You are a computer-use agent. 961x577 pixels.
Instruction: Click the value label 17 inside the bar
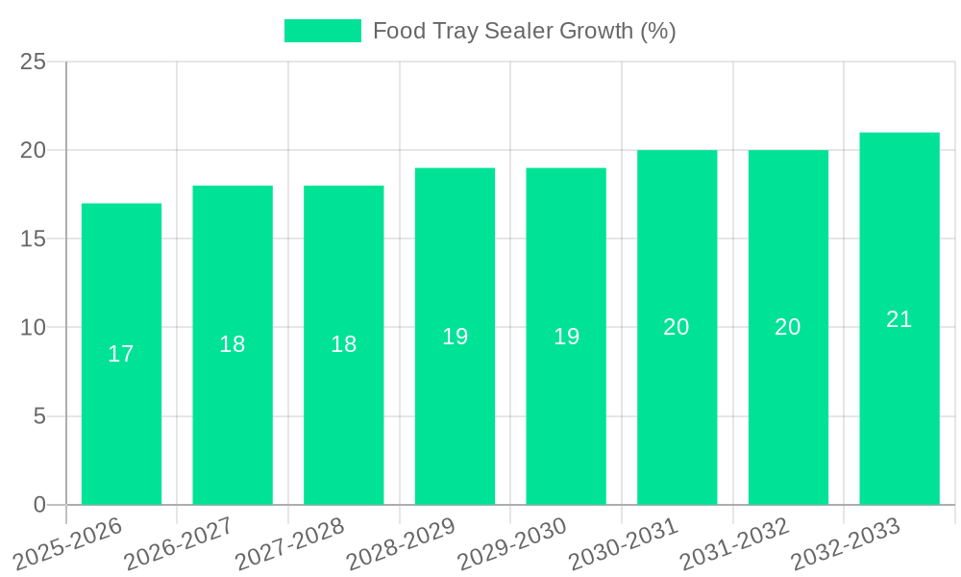tap(121, 354)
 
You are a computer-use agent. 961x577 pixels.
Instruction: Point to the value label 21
tap(899, 319)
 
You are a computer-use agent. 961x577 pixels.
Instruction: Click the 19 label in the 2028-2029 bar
tap(456, 337)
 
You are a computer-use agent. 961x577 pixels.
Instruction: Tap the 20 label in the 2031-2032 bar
tap(788, 327)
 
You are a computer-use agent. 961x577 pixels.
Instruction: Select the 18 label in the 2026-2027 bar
tap(233, 344)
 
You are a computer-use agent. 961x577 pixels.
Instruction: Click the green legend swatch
tap(323, 31)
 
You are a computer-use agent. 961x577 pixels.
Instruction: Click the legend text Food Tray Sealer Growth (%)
tap(525, 31)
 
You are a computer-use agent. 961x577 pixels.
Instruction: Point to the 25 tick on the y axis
tap(34, 63)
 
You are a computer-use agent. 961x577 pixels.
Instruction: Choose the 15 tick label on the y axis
tap(34, 239)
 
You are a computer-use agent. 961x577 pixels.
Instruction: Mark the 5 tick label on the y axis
tap(39, 416)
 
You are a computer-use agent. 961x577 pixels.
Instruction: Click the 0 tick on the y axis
tap(39, 505)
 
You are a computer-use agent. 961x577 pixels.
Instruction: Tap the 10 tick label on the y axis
tap(34, 328)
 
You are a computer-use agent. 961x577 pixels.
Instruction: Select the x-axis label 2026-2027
tap(179, 543)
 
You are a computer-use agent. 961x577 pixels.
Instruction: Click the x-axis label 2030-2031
tap(624, 543)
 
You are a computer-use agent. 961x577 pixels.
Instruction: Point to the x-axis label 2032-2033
tap(846, 543)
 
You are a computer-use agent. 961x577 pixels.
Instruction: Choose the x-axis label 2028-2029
tap(401, 543)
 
